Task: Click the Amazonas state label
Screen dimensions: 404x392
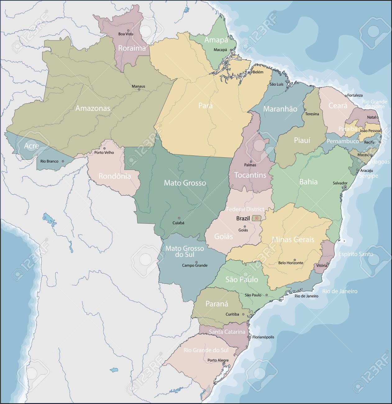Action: pos(93,108)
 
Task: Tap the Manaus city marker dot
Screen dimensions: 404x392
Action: pos(139,90)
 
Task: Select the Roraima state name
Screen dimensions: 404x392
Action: pos(132,48)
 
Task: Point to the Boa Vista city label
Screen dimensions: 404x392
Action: pos(126,34)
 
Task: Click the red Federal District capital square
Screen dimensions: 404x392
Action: pos(257,218)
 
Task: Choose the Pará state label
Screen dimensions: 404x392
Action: pos(205,105)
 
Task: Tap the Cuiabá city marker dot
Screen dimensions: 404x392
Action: pos(179,218)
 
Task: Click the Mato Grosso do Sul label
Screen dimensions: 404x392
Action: pos(185,251)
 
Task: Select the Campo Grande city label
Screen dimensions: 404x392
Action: pos(194,265)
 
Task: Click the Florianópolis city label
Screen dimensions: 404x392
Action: pos(263,337)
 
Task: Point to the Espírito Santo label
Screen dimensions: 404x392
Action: pos(356,254)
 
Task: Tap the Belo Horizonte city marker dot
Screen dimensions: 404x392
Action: pos(295,260)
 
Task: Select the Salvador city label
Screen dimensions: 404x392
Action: pos(340,183)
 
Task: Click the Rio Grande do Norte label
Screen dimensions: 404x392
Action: pos(375,104)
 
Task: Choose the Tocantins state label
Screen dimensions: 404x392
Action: pos(250,175)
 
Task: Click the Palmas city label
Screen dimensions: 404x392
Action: pos(250,165)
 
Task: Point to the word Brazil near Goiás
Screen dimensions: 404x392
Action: pos(243,218)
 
